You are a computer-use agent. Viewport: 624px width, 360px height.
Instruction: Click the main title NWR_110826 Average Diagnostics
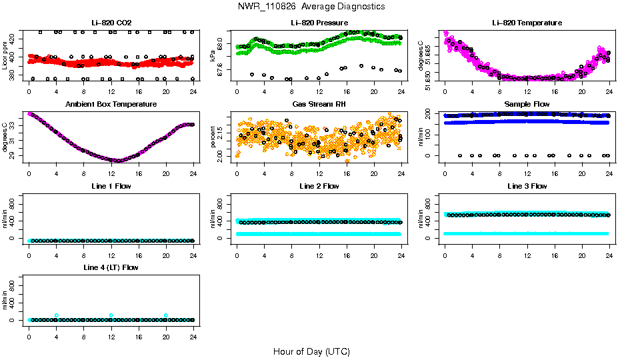(x=311, y=7)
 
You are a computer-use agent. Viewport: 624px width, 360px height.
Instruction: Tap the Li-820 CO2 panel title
(x=111, y=23)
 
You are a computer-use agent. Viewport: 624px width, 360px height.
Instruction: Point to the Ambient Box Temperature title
(x=111, y=104)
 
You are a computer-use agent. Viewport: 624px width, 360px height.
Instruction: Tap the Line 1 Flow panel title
(x=111, y=186)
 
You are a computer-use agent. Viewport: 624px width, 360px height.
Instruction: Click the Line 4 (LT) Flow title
(x=111, y=267)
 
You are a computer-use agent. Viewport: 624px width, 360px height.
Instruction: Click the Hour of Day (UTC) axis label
(x=311, y=351)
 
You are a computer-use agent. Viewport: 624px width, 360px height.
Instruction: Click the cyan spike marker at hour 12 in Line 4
(x=111, y=315)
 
